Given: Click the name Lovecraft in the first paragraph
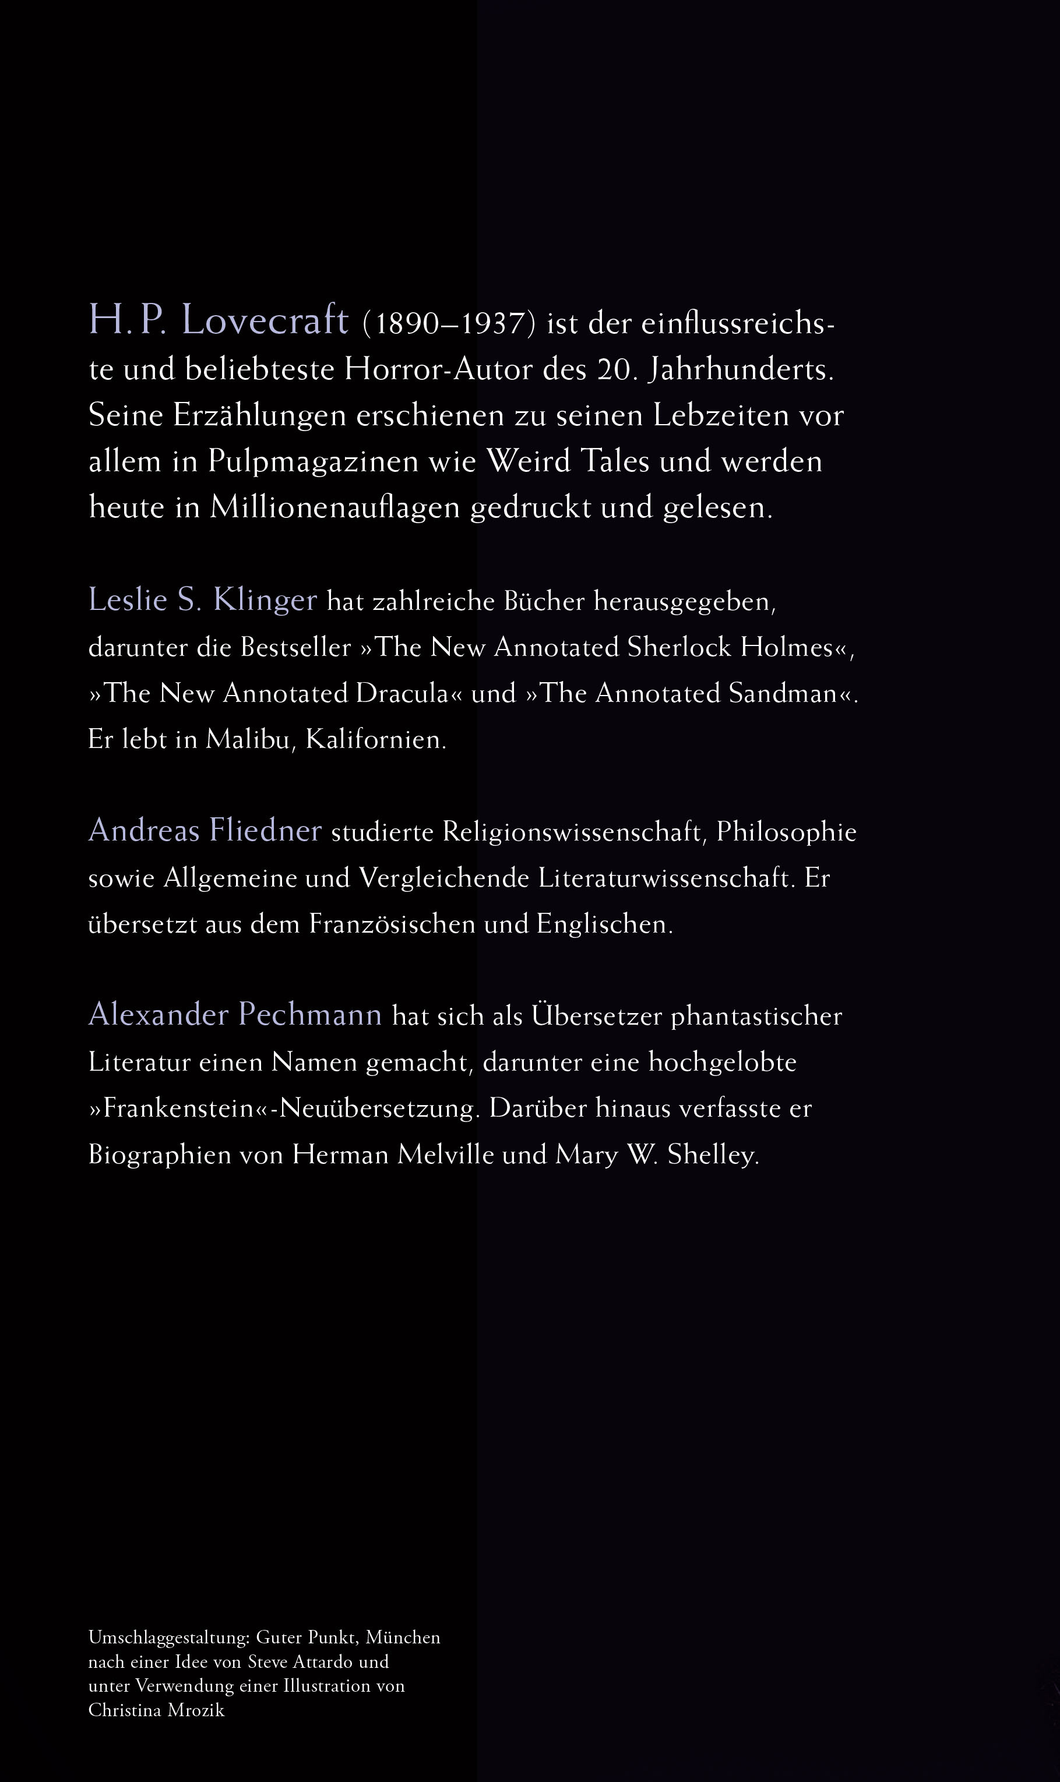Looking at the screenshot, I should point(265,320).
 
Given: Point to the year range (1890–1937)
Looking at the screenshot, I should point(449,324).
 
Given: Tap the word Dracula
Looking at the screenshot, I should point(403,693).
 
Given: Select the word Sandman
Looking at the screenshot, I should point(782,693).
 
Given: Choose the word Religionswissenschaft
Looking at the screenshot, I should point(572,832).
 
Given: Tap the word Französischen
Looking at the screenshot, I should point(392,924).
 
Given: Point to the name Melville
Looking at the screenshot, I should point(446,1155).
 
